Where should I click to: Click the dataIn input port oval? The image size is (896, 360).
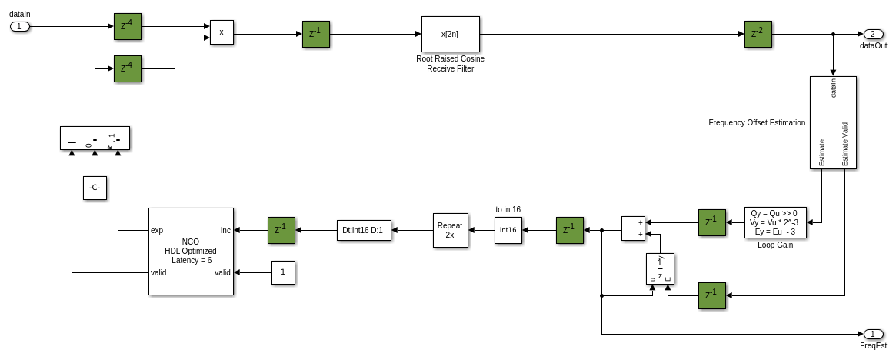[20, 26]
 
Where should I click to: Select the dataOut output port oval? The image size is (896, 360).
[873, 34]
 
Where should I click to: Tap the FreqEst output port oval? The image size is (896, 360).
[873, 334]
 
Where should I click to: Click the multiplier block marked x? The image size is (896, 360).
[222, 32]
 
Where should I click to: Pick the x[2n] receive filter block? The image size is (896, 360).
[450, 34]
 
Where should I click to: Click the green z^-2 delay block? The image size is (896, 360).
[758, 34]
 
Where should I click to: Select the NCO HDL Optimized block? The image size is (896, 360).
[191, 251]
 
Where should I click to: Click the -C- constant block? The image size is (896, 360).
[95, 188]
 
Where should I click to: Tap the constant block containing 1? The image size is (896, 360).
[283, 272]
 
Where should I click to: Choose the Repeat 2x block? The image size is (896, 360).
[450, 230]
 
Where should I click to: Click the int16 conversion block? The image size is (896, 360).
[508, 230]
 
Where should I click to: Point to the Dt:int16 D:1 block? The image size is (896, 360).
[365, 230]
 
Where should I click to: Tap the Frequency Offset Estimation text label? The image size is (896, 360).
[756, 122]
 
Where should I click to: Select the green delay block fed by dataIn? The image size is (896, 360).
[127, 26]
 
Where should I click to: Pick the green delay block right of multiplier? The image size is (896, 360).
[315, 34]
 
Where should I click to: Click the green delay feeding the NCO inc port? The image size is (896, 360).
[281, 230]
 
